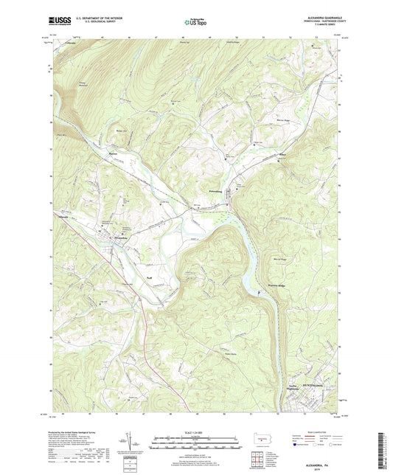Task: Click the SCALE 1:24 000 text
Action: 195,432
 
